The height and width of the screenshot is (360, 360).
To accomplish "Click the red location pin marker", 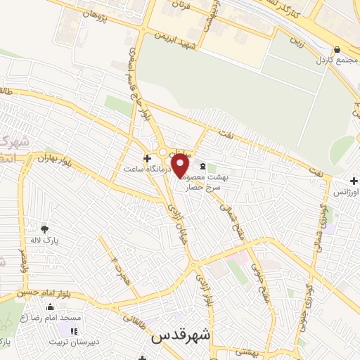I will pos(181,166).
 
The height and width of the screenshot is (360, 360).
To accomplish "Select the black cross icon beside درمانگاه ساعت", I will pos(146,158).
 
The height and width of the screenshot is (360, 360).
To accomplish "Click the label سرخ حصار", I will pos(203,188).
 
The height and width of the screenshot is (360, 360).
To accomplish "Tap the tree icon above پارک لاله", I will pos(44,229).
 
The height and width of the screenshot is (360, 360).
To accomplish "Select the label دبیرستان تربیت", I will pos(75,342).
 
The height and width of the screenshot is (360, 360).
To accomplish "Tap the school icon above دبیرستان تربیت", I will pos(75,331).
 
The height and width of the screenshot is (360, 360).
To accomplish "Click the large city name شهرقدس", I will pos(180,337).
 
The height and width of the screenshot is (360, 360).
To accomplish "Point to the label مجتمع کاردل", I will pos(336,61).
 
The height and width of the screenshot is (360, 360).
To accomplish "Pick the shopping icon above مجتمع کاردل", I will pos(337,50).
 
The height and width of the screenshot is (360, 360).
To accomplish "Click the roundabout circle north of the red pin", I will pos(163,152).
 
